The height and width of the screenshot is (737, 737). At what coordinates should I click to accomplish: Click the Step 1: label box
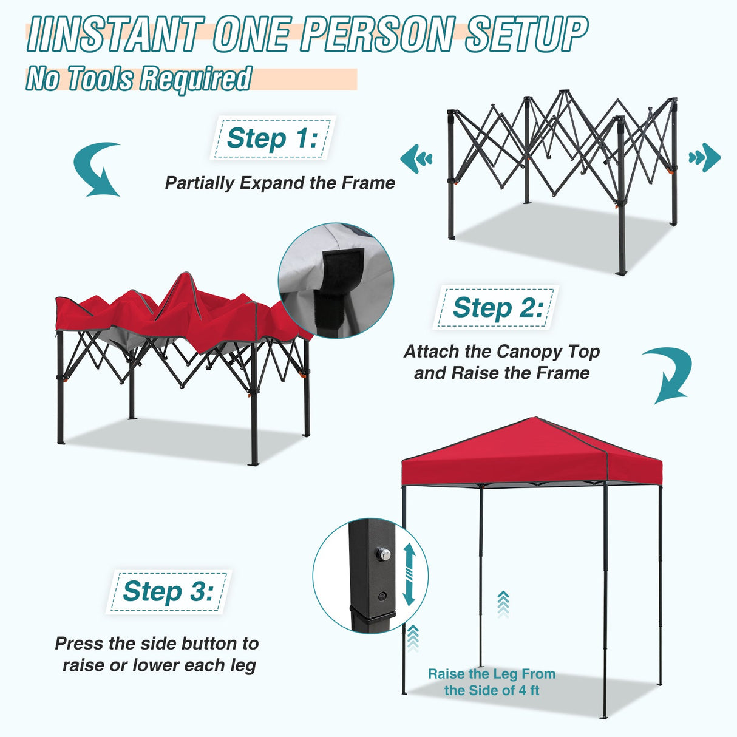coord(272,138)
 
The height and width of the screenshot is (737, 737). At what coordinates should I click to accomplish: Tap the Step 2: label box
coord(497,308)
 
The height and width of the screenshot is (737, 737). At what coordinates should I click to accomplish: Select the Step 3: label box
coord(168,591)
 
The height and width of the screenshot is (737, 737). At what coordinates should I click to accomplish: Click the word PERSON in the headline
coord(377,34)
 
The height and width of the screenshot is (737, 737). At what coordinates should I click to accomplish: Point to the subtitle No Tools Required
coord(138,79)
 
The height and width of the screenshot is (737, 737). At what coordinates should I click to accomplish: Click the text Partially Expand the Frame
coord(280,183)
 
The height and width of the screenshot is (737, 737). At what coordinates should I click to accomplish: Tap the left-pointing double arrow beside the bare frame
coord(416,159)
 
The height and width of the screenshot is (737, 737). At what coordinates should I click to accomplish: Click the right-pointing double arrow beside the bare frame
coord(704,158)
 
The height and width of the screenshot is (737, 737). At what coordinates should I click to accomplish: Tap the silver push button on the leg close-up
coord(382,554)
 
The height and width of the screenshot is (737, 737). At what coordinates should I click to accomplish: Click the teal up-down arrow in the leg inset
coord(409,574)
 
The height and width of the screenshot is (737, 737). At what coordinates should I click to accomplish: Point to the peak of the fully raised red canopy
coord(535,418)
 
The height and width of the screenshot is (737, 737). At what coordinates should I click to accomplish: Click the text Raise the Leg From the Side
coord(491,682)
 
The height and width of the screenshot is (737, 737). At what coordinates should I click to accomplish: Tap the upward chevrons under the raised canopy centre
coord(503,604)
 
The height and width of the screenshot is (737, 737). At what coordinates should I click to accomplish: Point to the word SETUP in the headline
coord(526,34)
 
